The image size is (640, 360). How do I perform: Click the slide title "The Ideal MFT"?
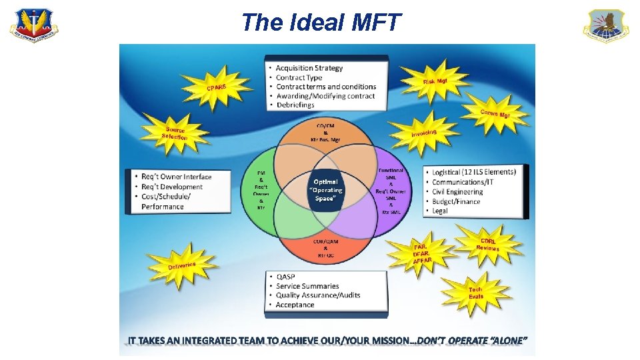coord(321,22)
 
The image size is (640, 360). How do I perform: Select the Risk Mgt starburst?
coord(435,82)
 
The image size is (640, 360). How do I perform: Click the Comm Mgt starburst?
coord(495,113)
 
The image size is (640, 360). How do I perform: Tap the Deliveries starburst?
coord(182,267)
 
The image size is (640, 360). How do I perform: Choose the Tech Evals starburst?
coord(475,292)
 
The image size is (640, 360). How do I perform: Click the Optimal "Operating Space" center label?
coord(326,190)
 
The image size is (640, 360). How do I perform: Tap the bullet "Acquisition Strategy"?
coord(309,68)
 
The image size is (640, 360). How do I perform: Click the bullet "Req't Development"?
coord(172,187)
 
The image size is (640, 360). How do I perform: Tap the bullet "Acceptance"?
coord(295,305)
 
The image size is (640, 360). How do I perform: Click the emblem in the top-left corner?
coord(33,26)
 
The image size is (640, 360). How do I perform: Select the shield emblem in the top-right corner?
coord(606,26)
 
